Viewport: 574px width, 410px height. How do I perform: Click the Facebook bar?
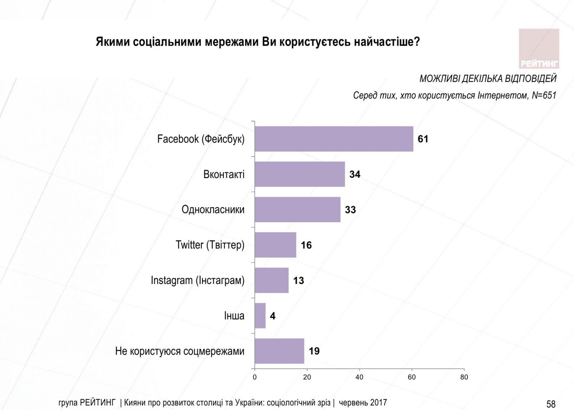point(334,139)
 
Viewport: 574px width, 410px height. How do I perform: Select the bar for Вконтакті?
point(300,174)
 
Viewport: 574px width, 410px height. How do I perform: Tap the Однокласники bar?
point(297,209)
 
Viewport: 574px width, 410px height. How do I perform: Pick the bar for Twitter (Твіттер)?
point(275,245)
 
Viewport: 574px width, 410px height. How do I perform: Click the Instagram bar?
point(271,280)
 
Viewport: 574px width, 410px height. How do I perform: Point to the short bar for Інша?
point(260,316)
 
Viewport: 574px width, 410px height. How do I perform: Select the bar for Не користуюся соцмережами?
point(279,351)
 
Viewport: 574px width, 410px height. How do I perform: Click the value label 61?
point(423,139)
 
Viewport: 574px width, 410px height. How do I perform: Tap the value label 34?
point(355,174)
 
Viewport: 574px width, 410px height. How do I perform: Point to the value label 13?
point(298,280)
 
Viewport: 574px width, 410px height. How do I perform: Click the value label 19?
point(314,351)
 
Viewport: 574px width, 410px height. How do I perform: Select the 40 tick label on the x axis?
point(359,377)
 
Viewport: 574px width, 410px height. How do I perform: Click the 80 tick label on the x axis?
point(464,377)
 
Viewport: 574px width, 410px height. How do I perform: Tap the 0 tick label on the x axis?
point(255,377)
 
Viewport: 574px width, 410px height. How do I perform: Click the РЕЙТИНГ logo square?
point(539,48)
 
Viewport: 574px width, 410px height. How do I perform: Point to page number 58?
point(551,404)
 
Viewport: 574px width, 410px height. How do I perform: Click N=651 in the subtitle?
point(544,95)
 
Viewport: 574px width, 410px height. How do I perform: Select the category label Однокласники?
point(213,210)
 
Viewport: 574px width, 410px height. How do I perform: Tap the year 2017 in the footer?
point(378,402)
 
